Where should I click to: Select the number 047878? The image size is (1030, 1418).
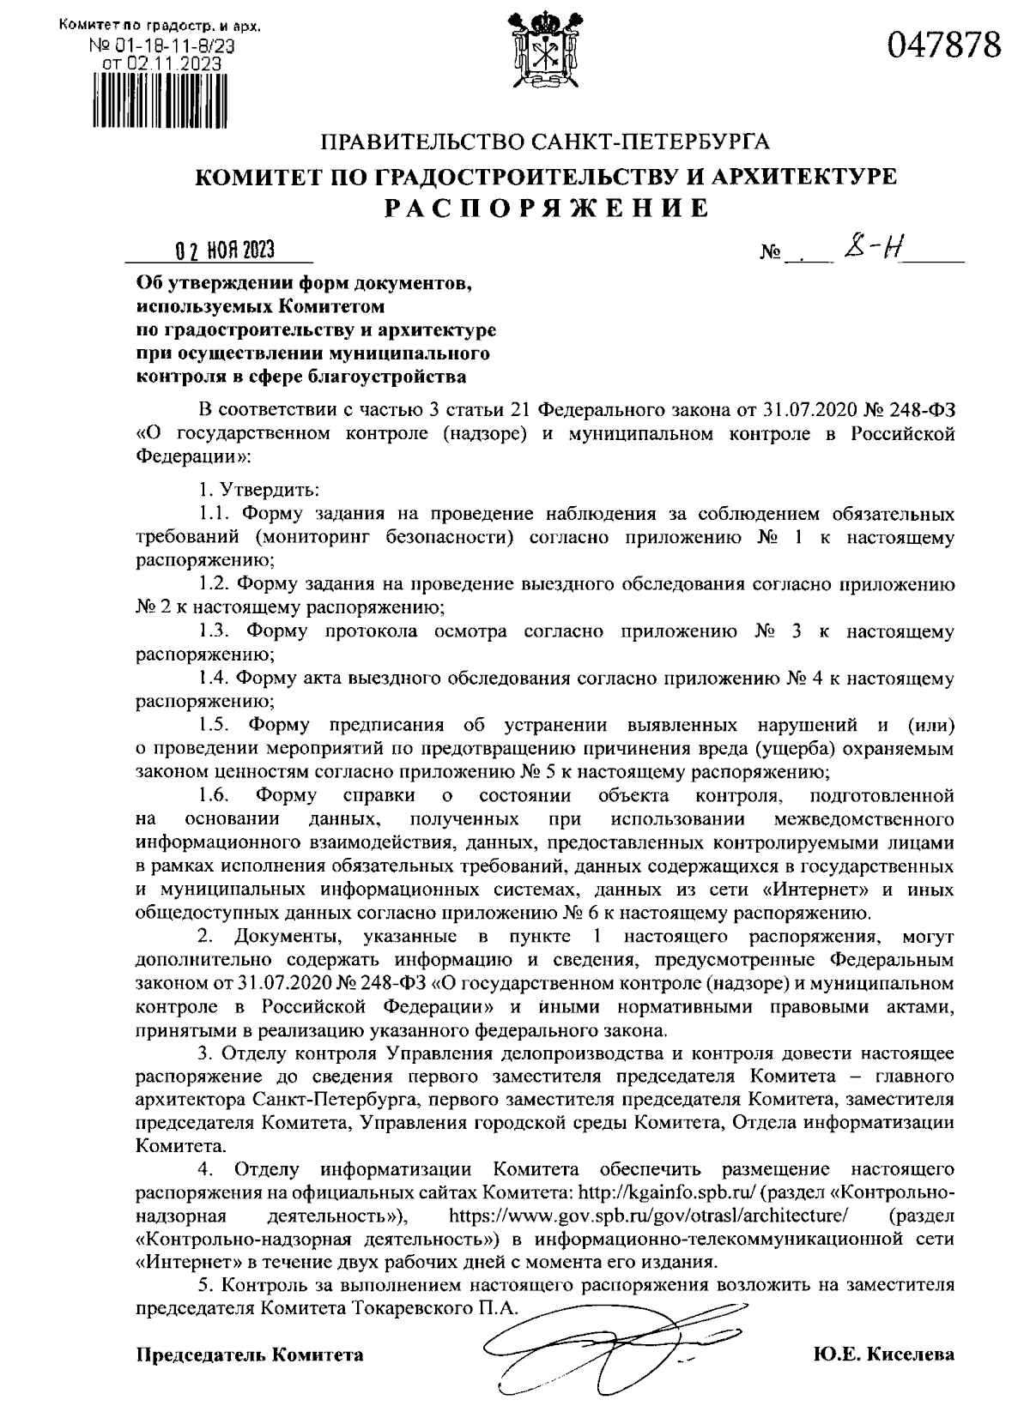click(x=944, y=43)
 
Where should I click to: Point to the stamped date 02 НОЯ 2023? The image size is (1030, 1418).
click(x=220, y=250)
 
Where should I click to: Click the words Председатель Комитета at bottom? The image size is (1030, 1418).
click(x=250, y=1355)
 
